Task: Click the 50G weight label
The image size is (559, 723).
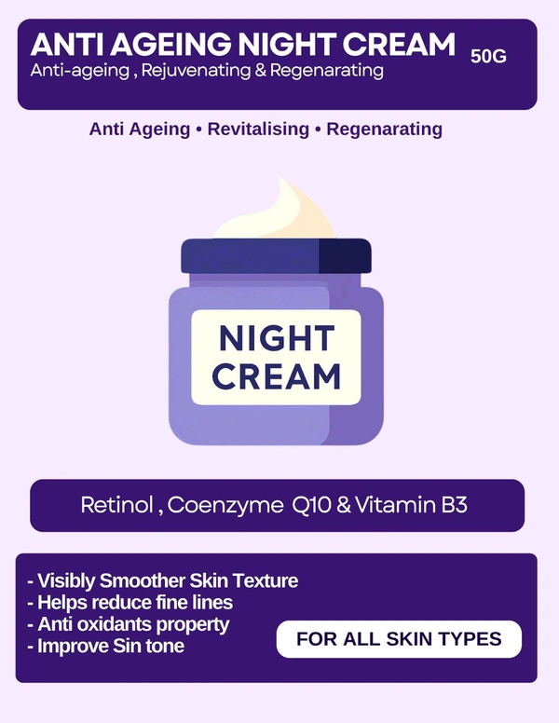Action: [488, 56]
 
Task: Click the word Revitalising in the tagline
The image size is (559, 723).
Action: [258, 129]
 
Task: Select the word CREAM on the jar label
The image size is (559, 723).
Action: [276, 376]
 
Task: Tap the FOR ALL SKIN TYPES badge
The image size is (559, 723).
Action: [399, 639]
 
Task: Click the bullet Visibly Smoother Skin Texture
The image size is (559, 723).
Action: [163, 580]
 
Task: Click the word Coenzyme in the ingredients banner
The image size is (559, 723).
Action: [225, 506]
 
